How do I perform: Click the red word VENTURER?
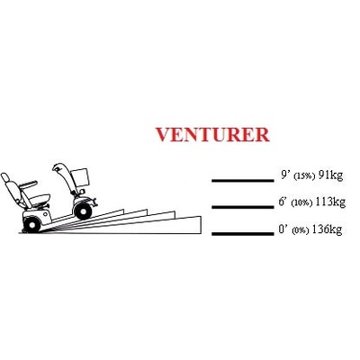pos(212,135)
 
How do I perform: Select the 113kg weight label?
pos(330,202)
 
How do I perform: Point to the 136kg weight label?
pos(327,229)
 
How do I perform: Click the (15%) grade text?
pos(303,176)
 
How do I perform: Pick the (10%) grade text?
pos(301,202)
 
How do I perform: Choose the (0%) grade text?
pos(300,230)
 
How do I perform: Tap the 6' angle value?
pos(283,202)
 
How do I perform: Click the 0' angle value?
pos(283,229)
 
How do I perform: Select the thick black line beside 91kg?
pos(243,181)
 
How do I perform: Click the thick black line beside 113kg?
pos(243,207)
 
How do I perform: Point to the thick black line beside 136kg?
pos(243,234)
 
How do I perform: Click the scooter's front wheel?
pos(83,211)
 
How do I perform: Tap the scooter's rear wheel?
pos(31,225)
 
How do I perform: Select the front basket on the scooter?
pos(79,177)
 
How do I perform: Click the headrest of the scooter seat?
pos(5,178)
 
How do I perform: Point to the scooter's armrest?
pos(29,184)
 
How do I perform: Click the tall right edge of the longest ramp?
pos(199,225)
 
